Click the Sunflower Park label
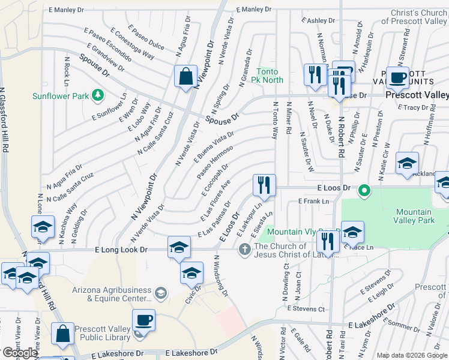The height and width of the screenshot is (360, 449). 60,95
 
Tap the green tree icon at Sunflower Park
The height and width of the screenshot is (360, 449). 97,95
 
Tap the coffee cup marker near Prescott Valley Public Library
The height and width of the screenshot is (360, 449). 143,320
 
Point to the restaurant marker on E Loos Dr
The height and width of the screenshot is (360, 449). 264,185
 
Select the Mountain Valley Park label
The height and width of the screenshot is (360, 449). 414,216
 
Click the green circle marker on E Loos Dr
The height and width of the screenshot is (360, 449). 363,192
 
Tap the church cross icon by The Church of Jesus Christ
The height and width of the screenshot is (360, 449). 244,248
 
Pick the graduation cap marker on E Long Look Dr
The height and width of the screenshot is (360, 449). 179,247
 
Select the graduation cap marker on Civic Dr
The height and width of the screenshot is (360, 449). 191,272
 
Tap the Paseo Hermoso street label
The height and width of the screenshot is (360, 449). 214,161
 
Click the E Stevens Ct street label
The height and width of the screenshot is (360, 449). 306,308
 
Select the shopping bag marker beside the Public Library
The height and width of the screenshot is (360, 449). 63,334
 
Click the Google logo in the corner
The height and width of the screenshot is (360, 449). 20,353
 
